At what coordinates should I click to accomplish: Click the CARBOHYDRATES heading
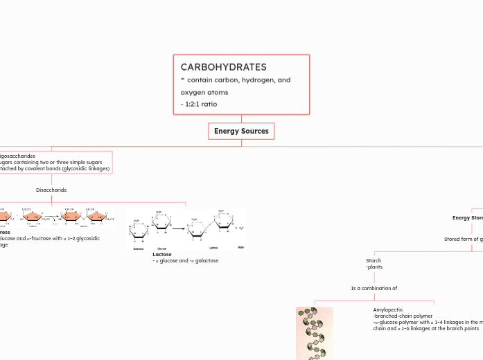click(x=223, y=67)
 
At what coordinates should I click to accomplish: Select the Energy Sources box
click(x=241, y=131)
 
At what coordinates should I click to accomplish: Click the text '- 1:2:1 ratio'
click(x=199, y=104)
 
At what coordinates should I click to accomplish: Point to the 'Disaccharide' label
click(x=51, y=189)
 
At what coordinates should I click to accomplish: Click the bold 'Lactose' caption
click(x=161, y=254)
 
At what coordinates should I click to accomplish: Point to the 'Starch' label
click(x=374, y=261)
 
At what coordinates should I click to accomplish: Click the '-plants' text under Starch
click(x=374, y=267)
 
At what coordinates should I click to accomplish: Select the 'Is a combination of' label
click(x=374, y=288)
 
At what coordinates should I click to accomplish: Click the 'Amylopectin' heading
click(x=387, y=309)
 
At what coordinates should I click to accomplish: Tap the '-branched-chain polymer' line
click(x=403, y=316)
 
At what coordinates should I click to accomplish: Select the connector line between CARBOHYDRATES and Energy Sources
click(x=241, y=118)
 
